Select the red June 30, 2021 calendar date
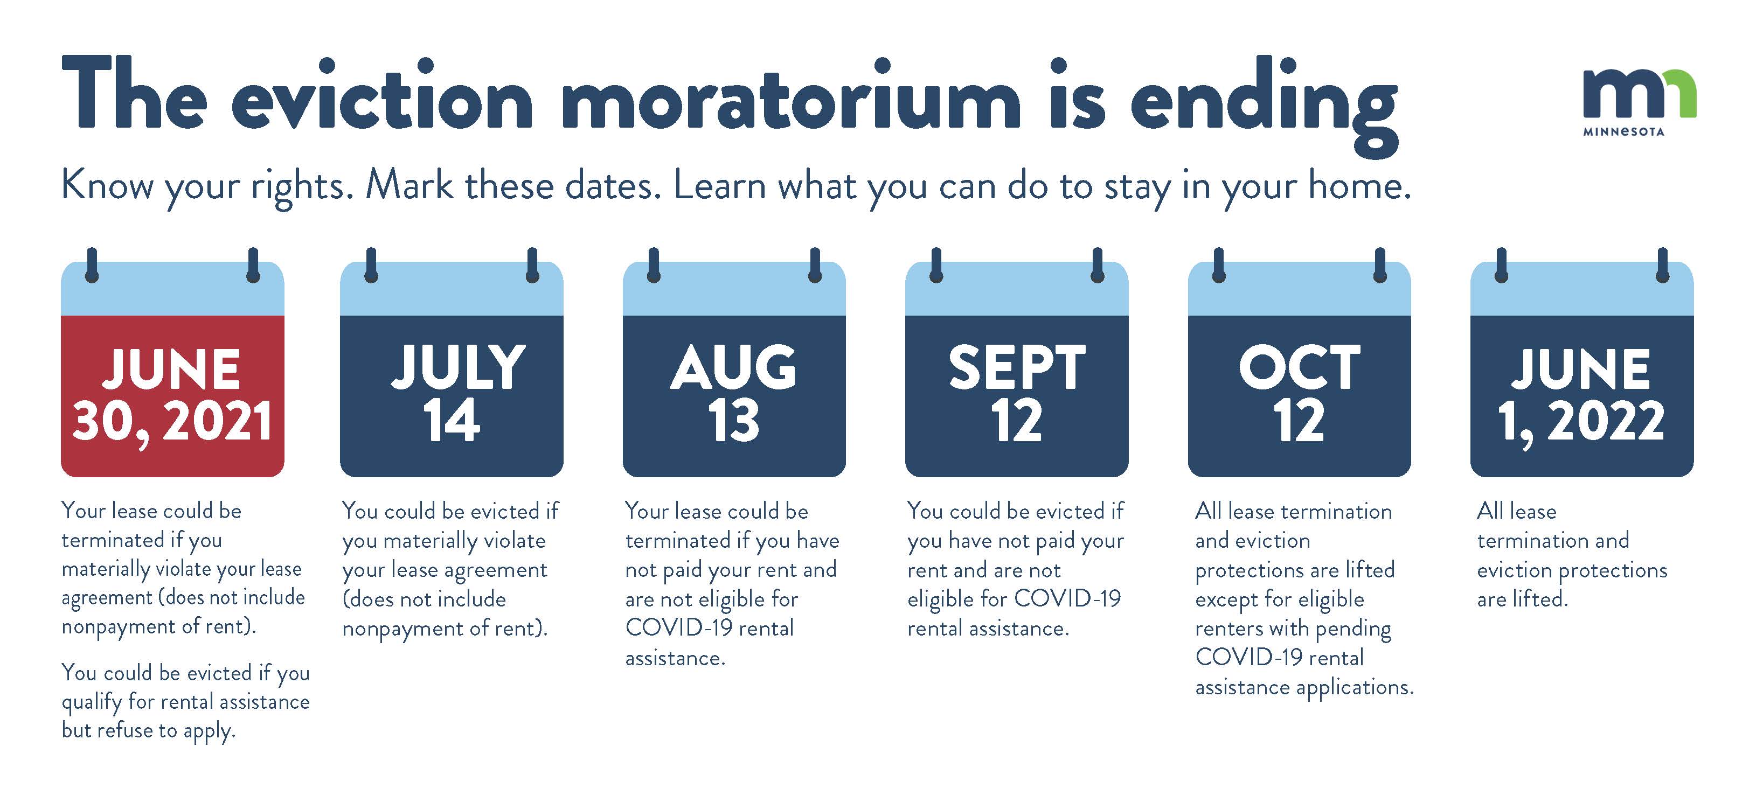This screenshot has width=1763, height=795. (172, 395)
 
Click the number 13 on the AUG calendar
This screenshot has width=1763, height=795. (734, 420)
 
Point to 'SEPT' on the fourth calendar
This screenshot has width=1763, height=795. (1016, 368)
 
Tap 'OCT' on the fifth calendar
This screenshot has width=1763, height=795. (1299, 367)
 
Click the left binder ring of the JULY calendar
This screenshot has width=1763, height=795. (371, 266)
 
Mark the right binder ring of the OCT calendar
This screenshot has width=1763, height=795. (1380, 266)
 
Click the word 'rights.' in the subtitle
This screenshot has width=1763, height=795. (302, 187)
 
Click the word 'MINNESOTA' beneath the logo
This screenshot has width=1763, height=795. (1623, 131)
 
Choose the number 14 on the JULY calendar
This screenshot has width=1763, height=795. (451, 420)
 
